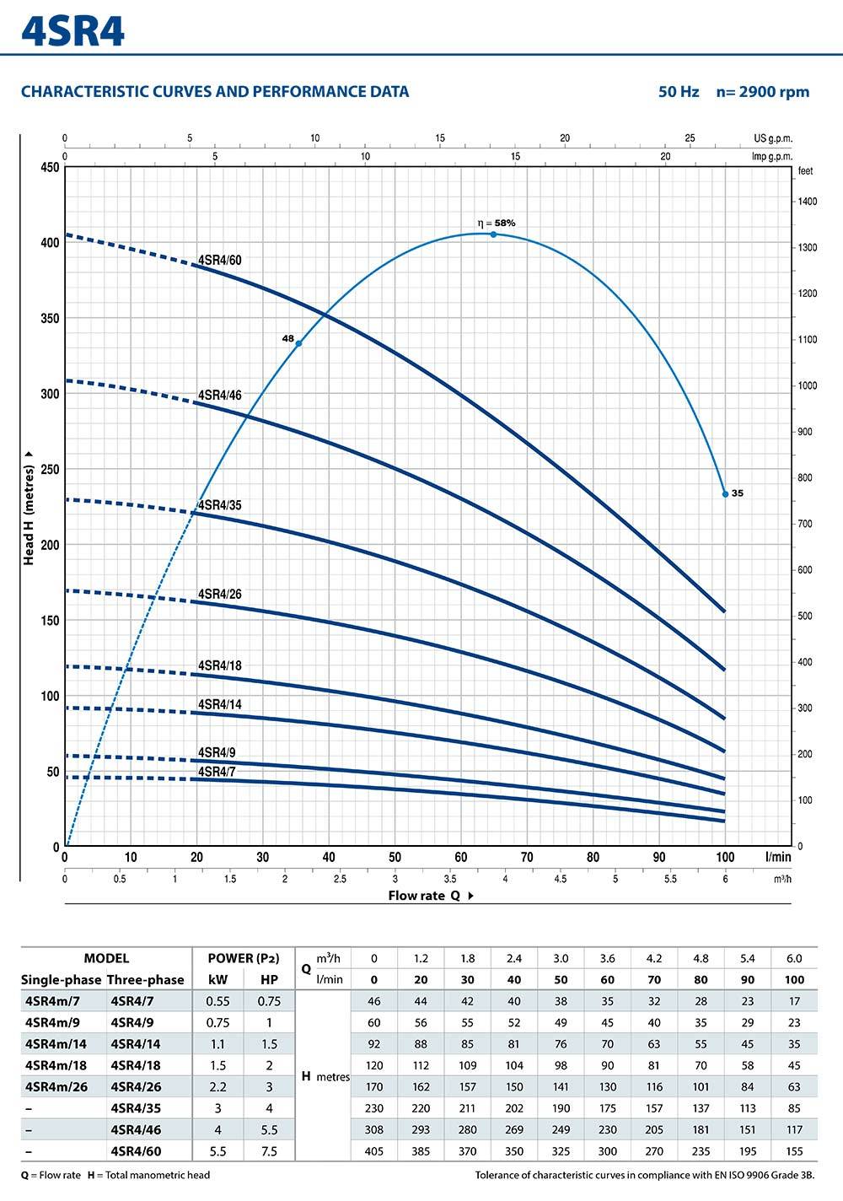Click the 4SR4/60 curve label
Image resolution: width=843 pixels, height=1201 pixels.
click(x=219, y=260)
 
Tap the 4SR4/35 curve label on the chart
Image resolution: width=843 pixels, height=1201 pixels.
click(x=219, y=505)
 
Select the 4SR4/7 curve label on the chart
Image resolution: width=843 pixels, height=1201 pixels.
click(x=217, y=771)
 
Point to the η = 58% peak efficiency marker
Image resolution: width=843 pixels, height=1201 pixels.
click(x=493, y=234)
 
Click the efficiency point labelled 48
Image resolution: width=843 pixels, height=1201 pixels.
click(x=298, y=343)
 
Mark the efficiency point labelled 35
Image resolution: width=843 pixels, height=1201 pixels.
click(x=725, y=493)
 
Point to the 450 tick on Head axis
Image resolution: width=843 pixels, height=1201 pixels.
click(x=50, y=167)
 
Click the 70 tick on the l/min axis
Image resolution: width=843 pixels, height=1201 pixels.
click(x=527, y=857)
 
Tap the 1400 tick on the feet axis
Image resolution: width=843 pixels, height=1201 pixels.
click(x=807, y=202)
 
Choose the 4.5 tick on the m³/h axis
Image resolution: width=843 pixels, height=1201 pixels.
click(x=561, y=879)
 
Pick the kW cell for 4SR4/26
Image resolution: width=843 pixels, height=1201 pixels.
click(x=217, y=1086)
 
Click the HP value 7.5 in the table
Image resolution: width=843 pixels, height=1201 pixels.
click(x=269, y=1150)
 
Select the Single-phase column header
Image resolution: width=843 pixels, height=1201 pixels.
click(x=61, y=979)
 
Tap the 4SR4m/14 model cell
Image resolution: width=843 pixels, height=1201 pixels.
click(x=56, y=1043)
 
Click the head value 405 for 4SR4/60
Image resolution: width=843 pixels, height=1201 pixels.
click(x=374, y=1150)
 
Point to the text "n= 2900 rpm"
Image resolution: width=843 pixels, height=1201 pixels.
click(x=762, y=92)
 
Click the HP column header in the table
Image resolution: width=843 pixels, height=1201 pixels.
click(x=269, y=979)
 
